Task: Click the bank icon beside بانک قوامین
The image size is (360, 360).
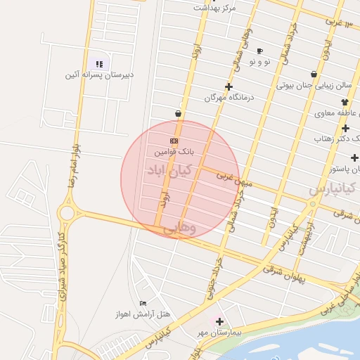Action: pos(174,141)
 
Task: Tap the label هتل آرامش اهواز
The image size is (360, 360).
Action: pos(145,314)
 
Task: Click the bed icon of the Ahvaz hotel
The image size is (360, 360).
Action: pos(143,303)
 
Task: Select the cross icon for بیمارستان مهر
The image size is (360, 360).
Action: pos(219,321)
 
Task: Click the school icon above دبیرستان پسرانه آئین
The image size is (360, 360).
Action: pos(99,64)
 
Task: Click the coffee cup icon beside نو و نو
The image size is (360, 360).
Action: pos(259,51)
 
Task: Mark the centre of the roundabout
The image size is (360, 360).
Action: pos(68,212)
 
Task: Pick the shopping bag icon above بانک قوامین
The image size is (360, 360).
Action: pos(178,113)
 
